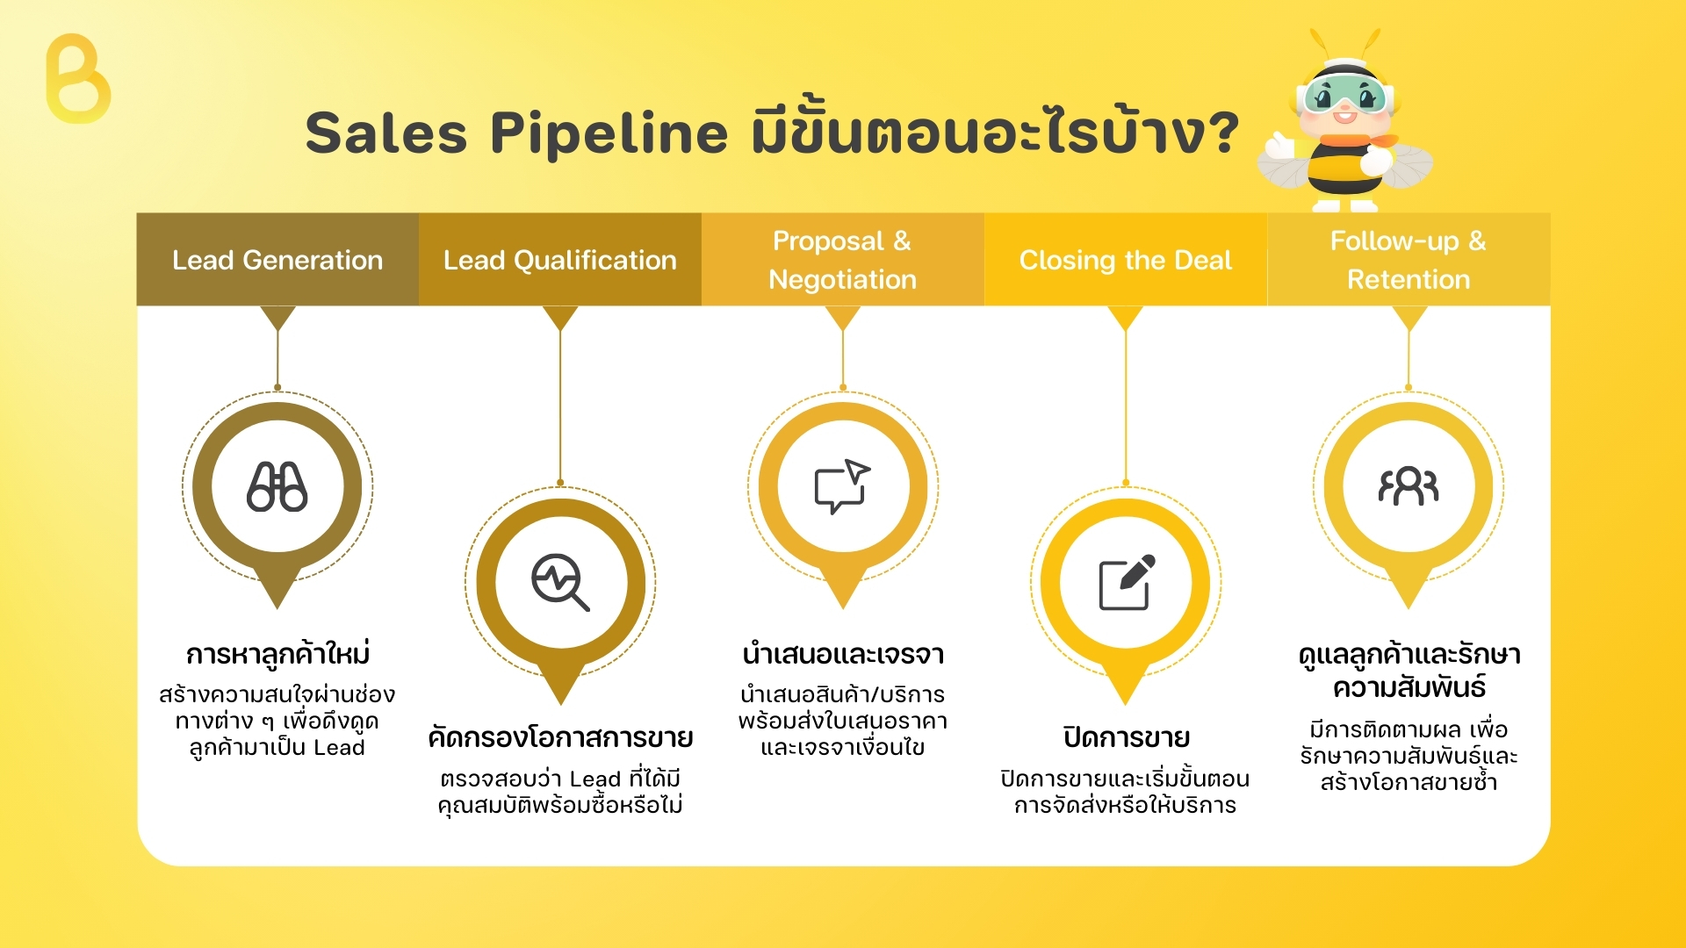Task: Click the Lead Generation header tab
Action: click(277, 259)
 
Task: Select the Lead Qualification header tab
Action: click(560, 259)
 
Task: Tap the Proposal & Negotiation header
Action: click(843, 259)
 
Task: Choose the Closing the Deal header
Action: click(1126, 259)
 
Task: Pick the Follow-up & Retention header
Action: click(1409, 259)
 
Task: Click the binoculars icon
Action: click(277, 486)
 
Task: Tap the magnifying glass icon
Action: click(560, 582)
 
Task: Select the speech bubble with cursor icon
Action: click(842, 485)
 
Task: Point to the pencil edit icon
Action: click(1127, 582)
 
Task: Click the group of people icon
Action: click(1409, 486)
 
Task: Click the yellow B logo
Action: click(78, 79)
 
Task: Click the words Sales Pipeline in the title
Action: click(516, 133)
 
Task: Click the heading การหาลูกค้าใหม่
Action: click(277, 655)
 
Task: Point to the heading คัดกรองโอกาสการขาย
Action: click(560, 737)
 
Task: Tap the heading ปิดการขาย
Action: click(1127, 737)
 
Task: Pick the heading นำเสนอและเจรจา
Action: click(843, 655)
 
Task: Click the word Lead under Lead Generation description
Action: click(339, 748)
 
